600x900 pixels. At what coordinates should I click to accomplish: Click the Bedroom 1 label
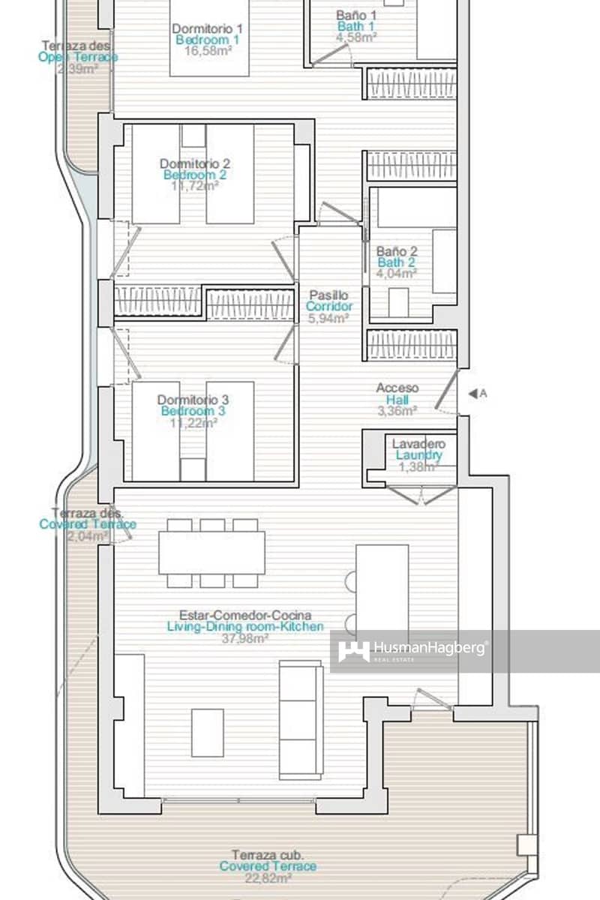coord(208,40)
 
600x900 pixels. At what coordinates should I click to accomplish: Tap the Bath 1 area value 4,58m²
coord(356,36)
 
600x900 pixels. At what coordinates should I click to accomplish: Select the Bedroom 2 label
coord(194,175)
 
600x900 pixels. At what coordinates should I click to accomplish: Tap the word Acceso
coord(397,388)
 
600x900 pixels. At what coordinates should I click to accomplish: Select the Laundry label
coord(418,455)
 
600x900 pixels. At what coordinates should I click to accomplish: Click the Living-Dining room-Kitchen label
coord(245,626)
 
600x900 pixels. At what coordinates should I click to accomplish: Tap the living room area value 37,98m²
coord(245,638)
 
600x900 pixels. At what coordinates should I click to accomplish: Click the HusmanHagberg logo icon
coord(353,651)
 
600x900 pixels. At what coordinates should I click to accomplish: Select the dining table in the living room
coord(212,553)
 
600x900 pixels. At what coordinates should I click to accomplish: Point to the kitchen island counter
coord(382,592)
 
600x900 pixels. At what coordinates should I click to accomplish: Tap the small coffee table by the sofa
coord(207,732)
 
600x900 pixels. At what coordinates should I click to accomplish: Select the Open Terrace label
coord(79,57)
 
